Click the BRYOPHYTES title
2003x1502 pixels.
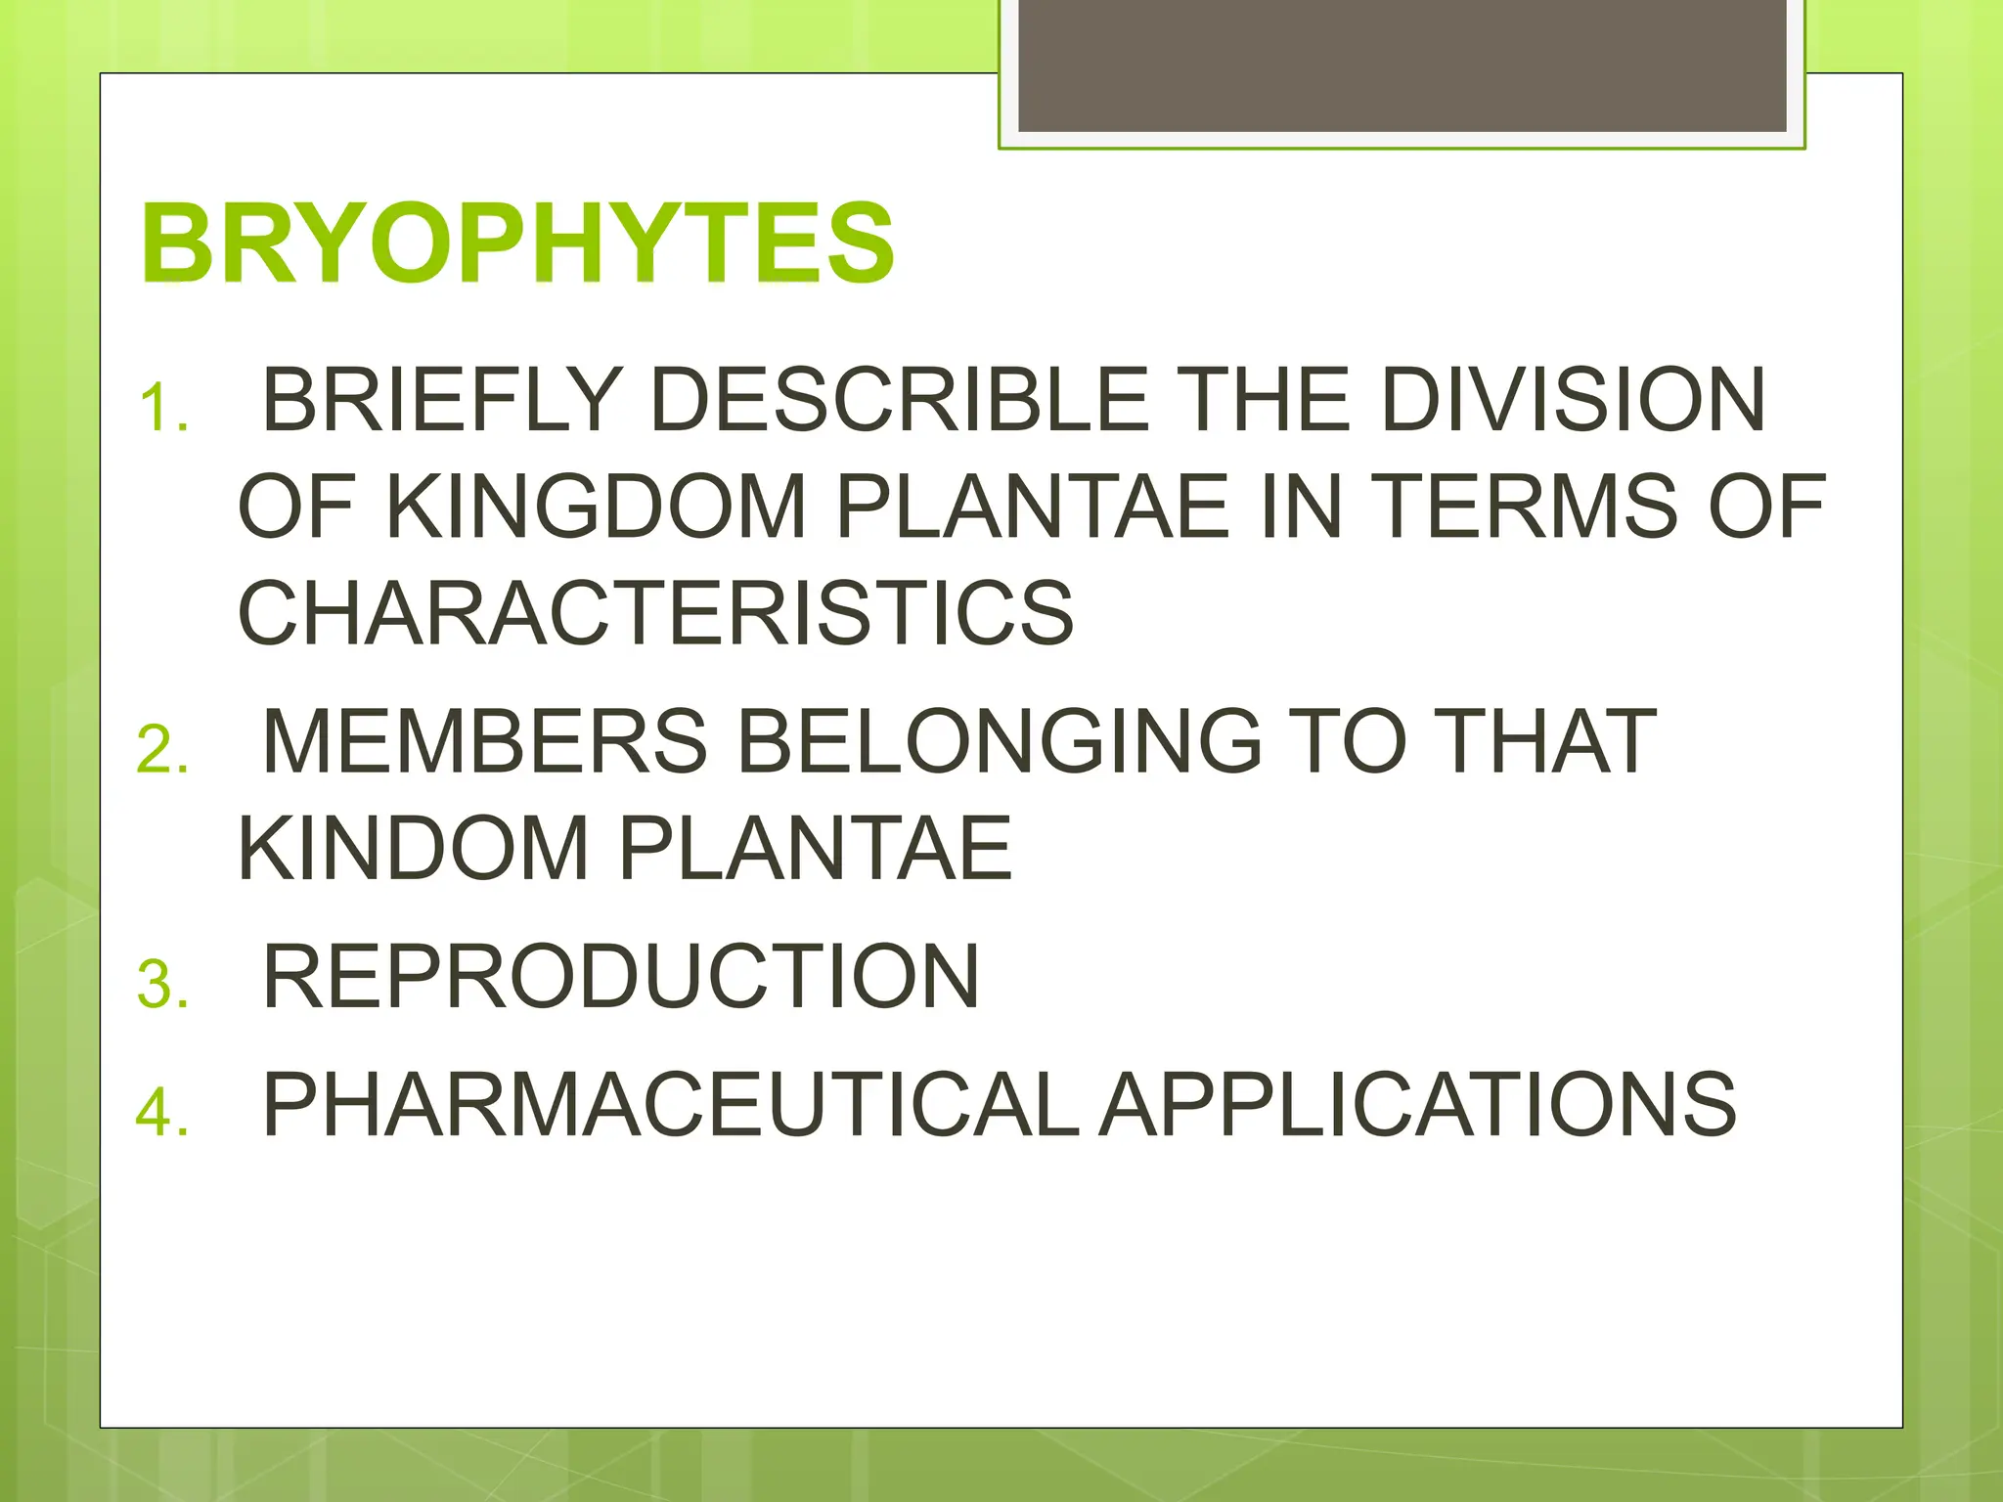coord(517,243)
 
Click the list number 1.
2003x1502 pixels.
coord(162,408)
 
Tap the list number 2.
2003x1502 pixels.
coord(162,750)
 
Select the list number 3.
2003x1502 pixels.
coord(162,984)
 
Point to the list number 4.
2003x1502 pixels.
coord(162,1112)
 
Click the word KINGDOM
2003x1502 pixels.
coord(597,506)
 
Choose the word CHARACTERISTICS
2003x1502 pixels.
coord(656,613)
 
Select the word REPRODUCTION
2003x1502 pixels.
coord(621,976)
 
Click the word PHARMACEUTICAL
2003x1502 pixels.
coord(671,1104)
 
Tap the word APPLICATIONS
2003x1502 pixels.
coord(1418,1104)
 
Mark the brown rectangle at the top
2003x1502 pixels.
coord(1402,66)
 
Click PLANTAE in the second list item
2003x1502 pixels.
coord(815,848)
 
